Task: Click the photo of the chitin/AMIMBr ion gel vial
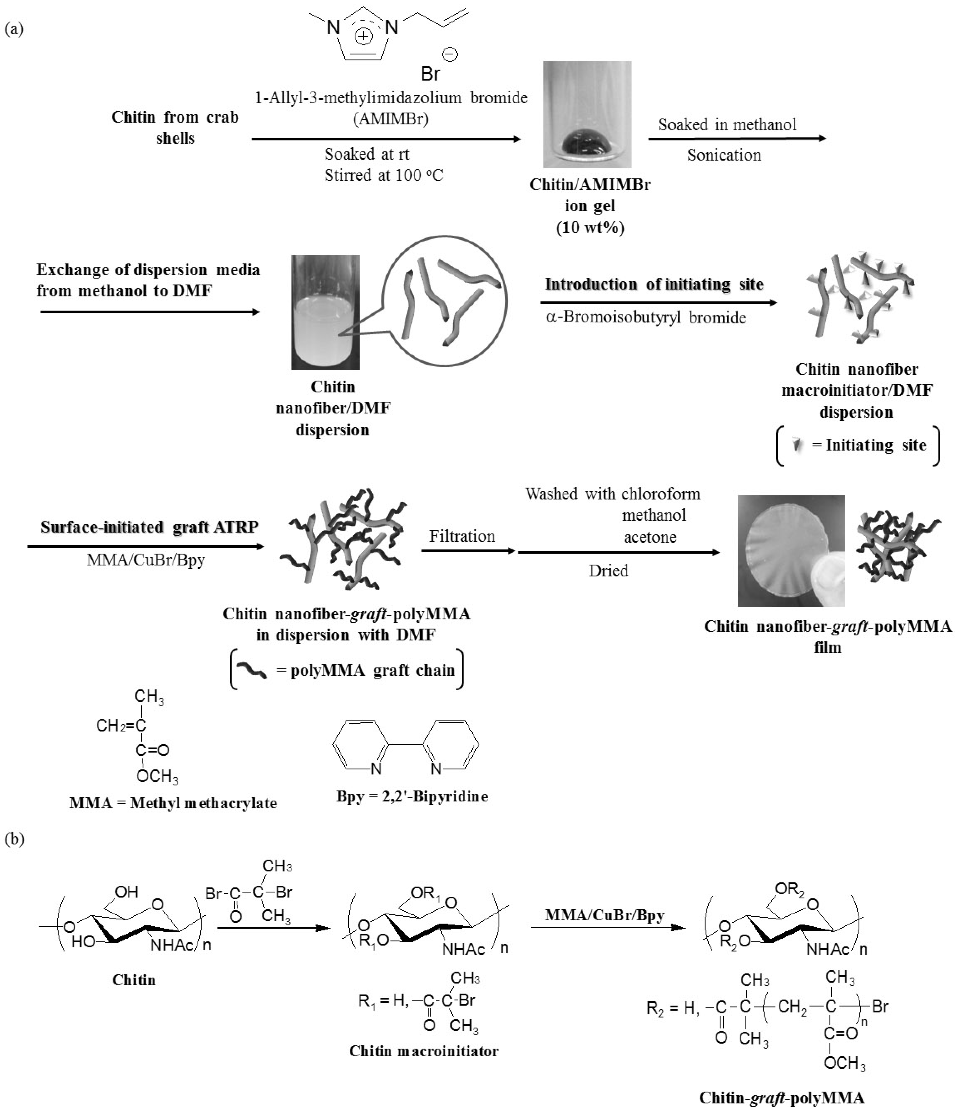tap(587, 114)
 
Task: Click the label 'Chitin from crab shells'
tap(175, 127)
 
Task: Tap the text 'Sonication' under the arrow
tap(724, 155)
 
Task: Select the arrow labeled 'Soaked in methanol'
tap(737, 139)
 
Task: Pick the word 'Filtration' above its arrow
tap(462, 536)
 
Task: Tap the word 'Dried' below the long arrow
tap(608, 571)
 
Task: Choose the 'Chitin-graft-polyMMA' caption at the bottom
tap(782, 1097)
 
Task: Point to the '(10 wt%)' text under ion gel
tap(590, 228)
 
